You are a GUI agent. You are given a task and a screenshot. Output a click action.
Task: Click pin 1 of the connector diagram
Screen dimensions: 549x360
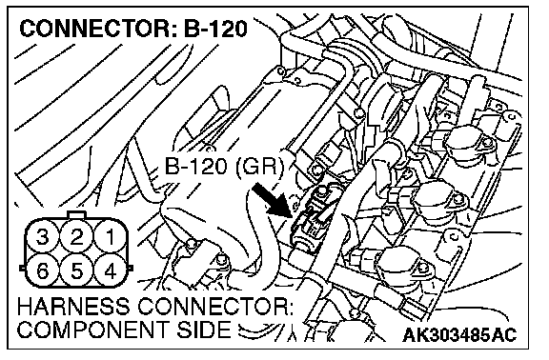tap(111, 237)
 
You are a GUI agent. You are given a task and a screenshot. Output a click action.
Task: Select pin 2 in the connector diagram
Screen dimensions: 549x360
tap(76, 237)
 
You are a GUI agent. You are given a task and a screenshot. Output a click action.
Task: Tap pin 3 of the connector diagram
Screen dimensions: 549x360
tap(43, 237)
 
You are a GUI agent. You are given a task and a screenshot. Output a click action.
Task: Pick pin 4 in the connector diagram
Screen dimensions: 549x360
tap(111, 270)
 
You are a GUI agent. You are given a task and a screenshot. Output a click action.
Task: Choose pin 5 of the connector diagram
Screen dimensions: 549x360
tap(76, 270)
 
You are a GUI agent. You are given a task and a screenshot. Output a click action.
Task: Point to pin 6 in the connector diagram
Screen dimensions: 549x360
tap(43, 270)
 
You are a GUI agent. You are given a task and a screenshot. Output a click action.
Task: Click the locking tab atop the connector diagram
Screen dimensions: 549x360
tap(76, 214)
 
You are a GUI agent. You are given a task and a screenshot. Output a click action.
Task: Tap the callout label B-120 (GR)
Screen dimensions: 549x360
tap(223, 166)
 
